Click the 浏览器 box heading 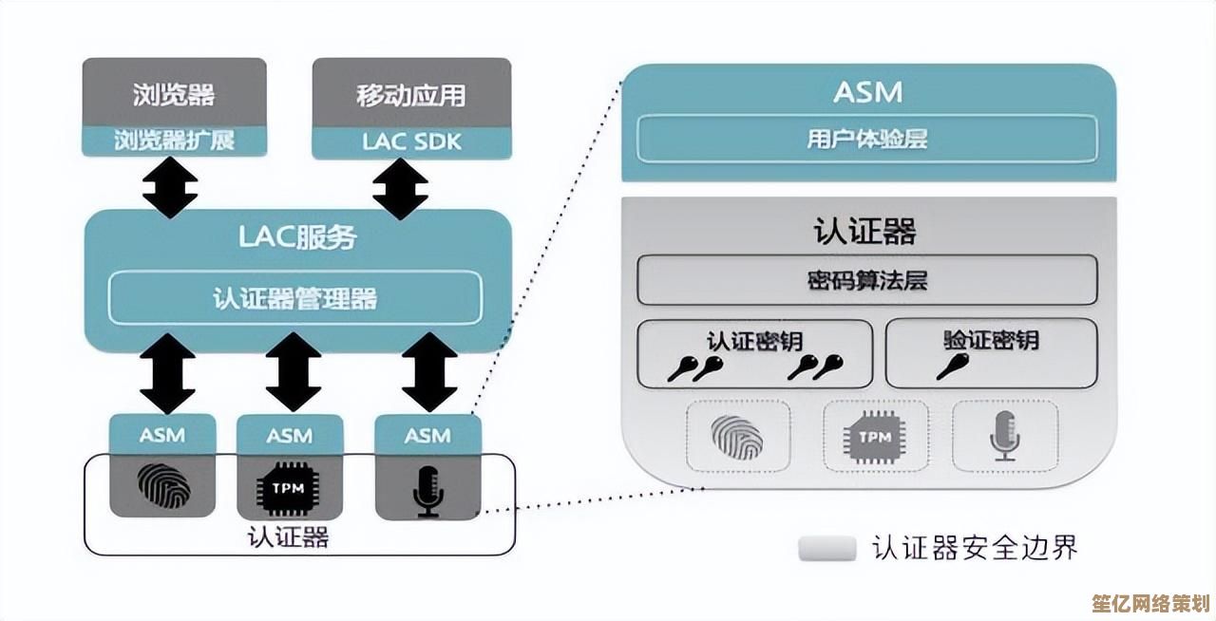(174, 94)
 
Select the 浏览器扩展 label (174, 141)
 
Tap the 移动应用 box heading (411, 94)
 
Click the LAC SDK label (411, 142)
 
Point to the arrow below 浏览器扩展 (170, 188)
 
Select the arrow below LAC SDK (400, 188)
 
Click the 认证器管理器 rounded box (295, 298)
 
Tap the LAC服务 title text (296, 236)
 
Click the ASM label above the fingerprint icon (162, 436)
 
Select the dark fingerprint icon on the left (163, 485)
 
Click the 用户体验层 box (865, 139)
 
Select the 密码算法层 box (865, 279)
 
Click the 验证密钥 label (991, 340)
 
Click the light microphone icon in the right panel (1004, 437)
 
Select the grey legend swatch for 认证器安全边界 (826, 549)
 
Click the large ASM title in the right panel (867, 92)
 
